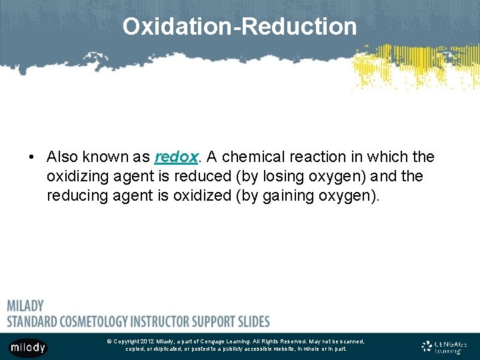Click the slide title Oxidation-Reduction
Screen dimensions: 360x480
(x=239, y=27)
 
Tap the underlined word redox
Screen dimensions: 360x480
(x=176, y=157)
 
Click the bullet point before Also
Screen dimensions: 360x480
(x=31, y=157)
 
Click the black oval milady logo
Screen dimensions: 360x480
(x=27, y=347)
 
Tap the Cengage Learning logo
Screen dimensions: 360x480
(x=444, y=347)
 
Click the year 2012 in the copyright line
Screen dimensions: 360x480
(x=148, y=341)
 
